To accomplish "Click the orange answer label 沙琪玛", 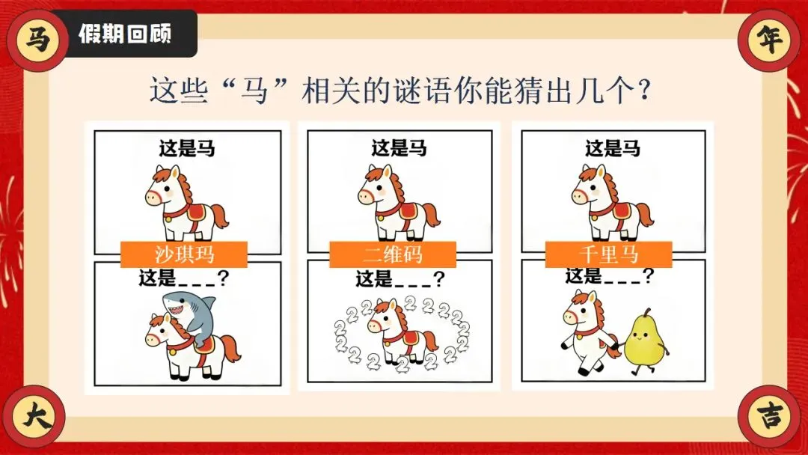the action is (184, 254).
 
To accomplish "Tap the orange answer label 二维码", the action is (393, 254).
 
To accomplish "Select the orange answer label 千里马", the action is (608, 254).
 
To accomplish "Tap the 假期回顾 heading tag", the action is (124, 34).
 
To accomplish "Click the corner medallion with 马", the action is (37, 39).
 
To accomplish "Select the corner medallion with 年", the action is (769, 40).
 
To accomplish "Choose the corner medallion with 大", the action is (36, 415).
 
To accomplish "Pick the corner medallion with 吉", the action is (769, 415).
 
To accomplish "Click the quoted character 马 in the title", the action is (254, 91).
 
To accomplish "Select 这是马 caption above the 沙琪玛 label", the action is (186, 149).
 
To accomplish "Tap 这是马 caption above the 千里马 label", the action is (613, 149).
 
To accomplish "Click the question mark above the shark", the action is (223, 278).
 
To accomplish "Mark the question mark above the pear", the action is (649, 276).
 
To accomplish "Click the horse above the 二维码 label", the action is (399, 203).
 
